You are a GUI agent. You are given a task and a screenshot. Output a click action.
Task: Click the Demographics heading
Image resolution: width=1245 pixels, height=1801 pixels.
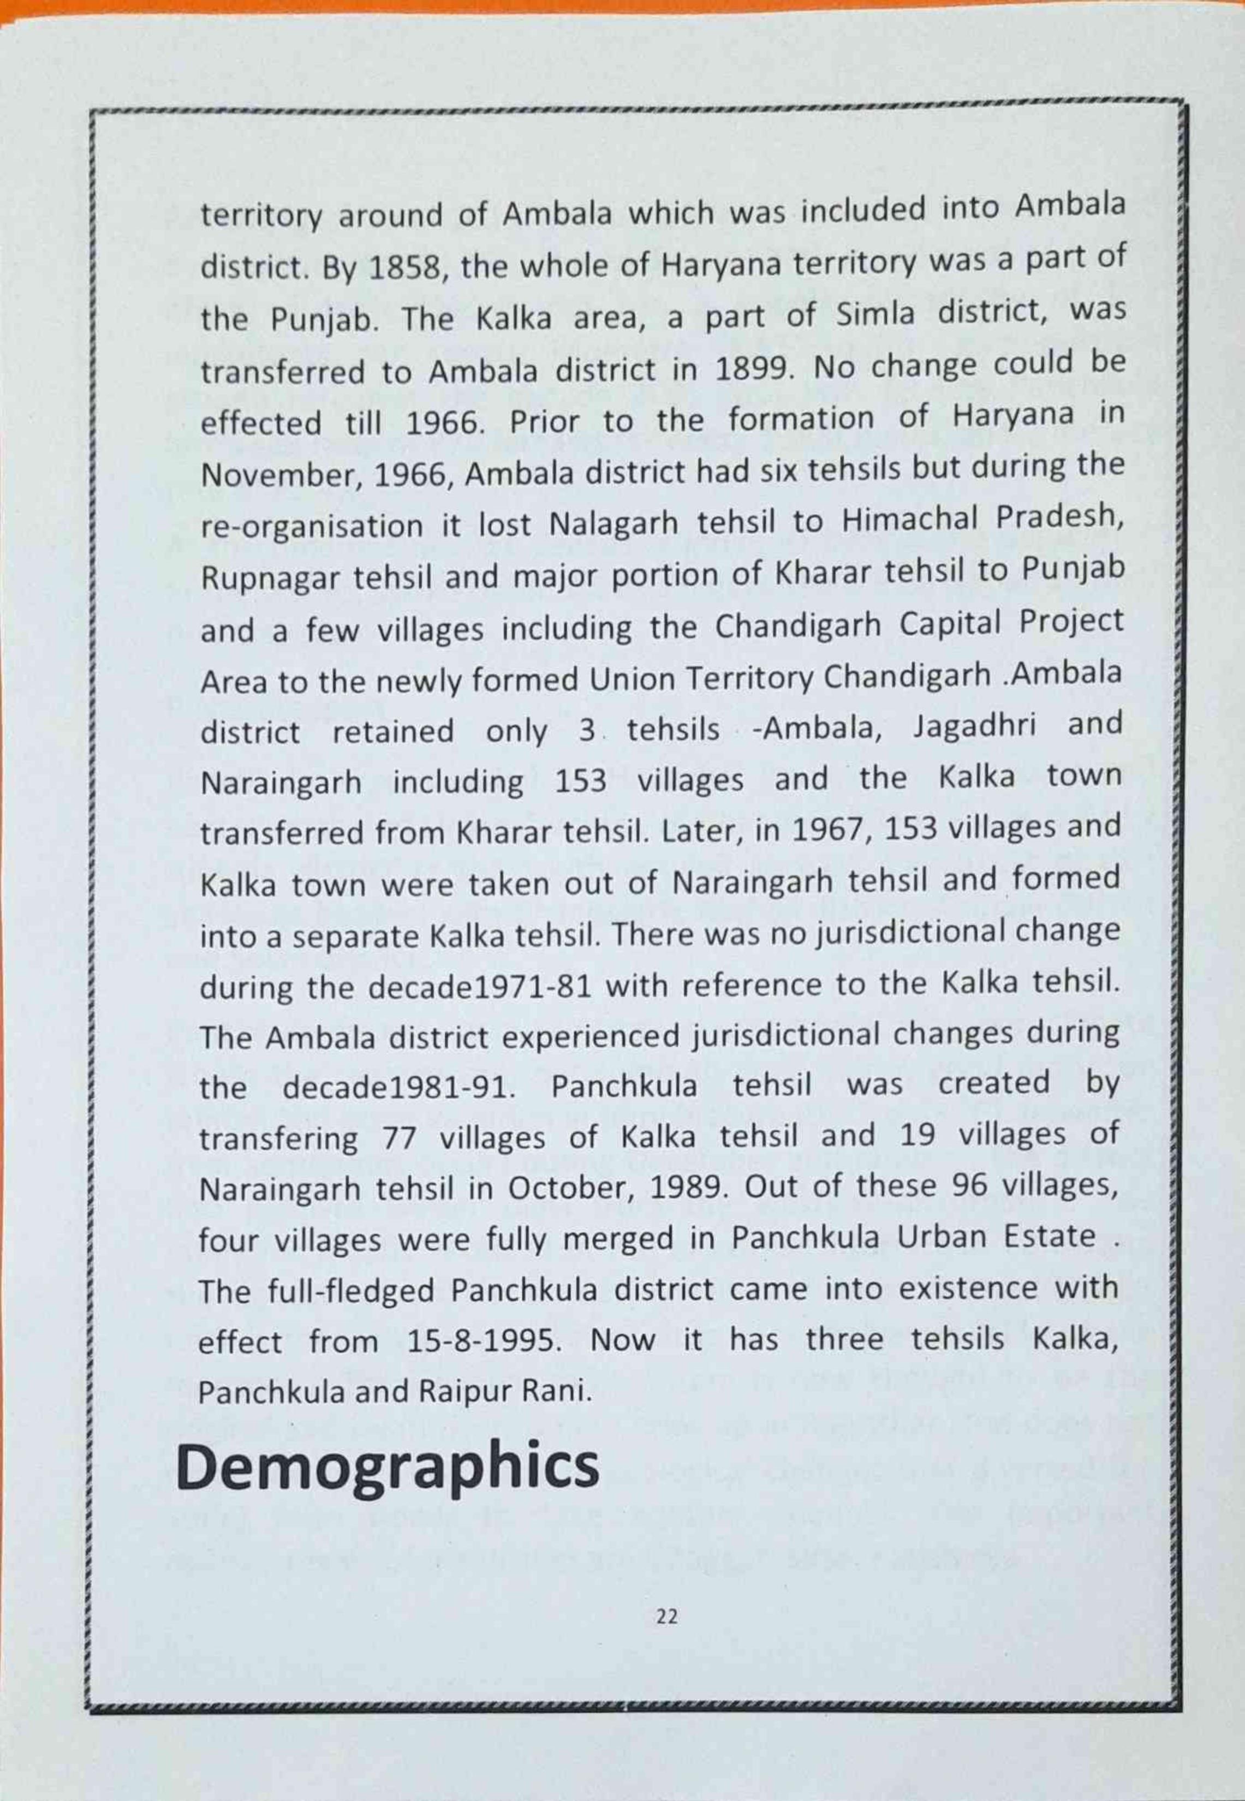(x=388, y=1467)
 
